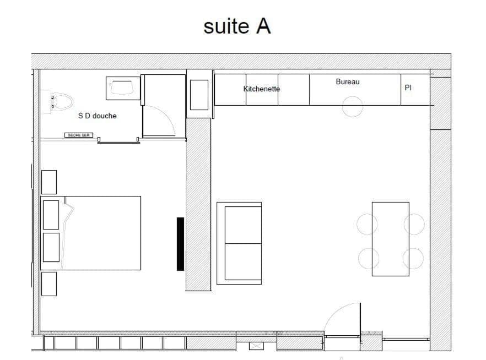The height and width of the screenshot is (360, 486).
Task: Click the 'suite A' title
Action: point(237,26)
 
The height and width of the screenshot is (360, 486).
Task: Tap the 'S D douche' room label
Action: point(97,116)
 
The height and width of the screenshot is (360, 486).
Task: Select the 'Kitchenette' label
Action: point(262,89)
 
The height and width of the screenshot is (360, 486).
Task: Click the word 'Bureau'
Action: point(347,82)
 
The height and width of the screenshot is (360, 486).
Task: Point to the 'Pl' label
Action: point(408,88)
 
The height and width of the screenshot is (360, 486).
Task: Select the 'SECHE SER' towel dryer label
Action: point(79,135)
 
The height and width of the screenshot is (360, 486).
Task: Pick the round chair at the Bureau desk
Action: point(352,106)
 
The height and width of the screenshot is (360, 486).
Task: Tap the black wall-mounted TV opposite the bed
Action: point(180,244)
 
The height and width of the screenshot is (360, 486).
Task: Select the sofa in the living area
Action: point(239,243)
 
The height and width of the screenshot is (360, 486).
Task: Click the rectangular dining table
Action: point(390,239)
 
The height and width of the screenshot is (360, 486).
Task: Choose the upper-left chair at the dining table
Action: point(368,224)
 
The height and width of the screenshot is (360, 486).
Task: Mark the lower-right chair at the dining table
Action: point(413,258)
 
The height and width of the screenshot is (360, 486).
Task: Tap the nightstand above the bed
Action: point(49,182)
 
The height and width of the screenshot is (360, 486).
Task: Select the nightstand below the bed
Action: point(49,283)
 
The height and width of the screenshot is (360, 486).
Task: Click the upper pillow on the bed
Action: point(51,215)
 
